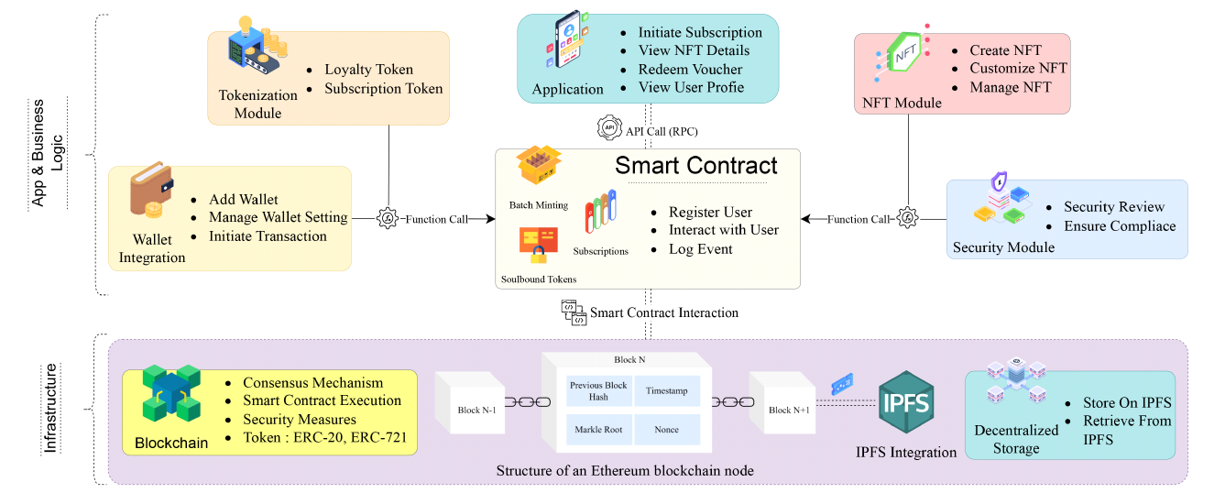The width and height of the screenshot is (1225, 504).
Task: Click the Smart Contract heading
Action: tap(695, 166)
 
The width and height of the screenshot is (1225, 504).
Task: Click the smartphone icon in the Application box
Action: tap(568, 46)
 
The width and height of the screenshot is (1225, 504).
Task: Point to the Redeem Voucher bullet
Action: tap(690, 70)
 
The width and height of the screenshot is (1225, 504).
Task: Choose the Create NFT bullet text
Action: tap(1005, 50)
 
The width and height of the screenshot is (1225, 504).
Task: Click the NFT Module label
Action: tap(902, 103)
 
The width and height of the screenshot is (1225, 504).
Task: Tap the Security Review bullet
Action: tap(1113, 207)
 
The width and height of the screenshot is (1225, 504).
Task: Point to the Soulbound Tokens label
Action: tap(539, 279)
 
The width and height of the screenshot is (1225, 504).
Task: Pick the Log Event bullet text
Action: tap(700, 249)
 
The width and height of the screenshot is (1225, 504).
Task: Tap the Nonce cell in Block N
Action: tap(666, 429)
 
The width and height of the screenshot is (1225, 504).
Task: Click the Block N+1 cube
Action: tap(782, 401)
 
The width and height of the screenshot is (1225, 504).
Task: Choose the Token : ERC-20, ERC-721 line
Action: tap(324, 437)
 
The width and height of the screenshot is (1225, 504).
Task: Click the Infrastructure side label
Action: tap(51, 409)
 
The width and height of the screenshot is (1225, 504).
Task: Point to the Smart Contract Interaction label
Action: tap(663, 312)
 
